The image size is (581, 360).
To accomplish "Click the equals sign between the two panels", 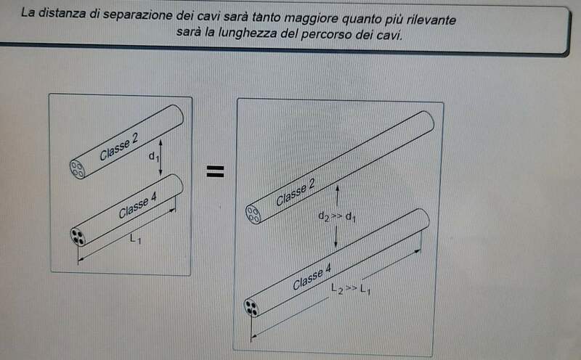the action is point(215,171).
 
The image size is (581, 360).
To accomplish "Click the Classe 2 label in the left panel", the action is point(119,147).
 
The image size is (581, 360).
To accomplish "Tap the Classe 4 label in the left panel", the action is point(137,205).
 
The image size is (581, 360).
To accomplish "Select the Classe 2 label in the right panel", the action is point(296,192).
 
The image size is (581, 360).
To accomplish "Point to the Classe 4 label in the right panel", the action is point(312,277).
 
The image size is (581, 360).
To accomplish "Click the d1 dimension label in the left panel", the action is point(154,157).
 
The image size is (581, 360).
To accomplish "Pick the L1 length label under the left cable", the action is point(135,240).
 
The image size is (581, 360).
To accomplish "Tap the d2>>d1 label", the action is point(337,217).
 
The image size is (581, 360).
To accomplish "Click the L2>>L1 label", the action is point(351,289).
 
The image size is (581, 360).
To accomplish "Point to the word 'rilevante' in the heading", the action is point(431,20).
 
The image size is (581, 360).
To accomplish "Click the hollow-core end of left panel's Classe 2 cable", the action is point(77,169).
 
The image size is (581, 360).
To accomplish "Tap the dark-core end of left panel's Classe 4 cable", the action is point(78,237).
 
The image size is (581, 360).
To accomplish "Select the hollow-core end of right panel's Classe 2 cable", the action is point(253,214).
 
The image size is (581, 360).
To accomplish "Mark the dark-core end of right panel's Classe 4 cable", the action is point(251,308).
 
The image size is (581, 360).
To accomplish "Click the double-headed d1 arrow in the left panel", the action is point(161,157).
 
